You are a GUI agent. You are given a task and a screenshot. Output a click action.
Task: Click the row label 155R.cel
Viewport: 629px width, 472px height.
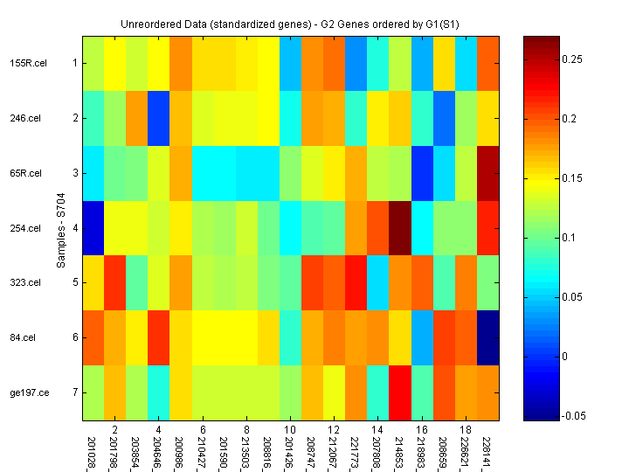[25, 63]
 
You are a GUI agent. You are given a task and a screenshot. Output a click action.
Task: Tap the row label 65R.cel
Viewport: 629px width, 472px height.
[25, 173]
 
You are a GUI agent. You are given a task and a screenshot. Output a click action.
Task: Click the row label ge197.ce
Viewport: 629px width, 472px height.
[27, 392]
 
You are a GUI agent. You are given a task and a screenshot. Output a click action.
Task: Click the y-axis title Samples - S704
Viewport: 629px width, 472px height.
[62, 227]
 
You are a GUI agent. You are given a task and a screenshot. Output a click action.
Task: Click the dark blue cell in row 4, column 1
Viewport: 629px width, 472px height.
[94, 228]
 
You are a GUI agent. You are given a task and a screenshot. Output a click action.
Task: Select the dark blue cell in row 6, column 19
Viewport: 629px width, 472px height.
[489, 337]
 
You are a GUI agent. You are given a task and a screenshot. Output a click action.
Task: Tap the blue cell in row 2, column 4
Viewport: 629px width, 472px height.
[160, 118]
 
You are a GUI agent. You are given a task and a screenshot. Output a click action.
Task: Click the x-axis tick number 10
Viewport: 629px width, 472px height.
[290, 430]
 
